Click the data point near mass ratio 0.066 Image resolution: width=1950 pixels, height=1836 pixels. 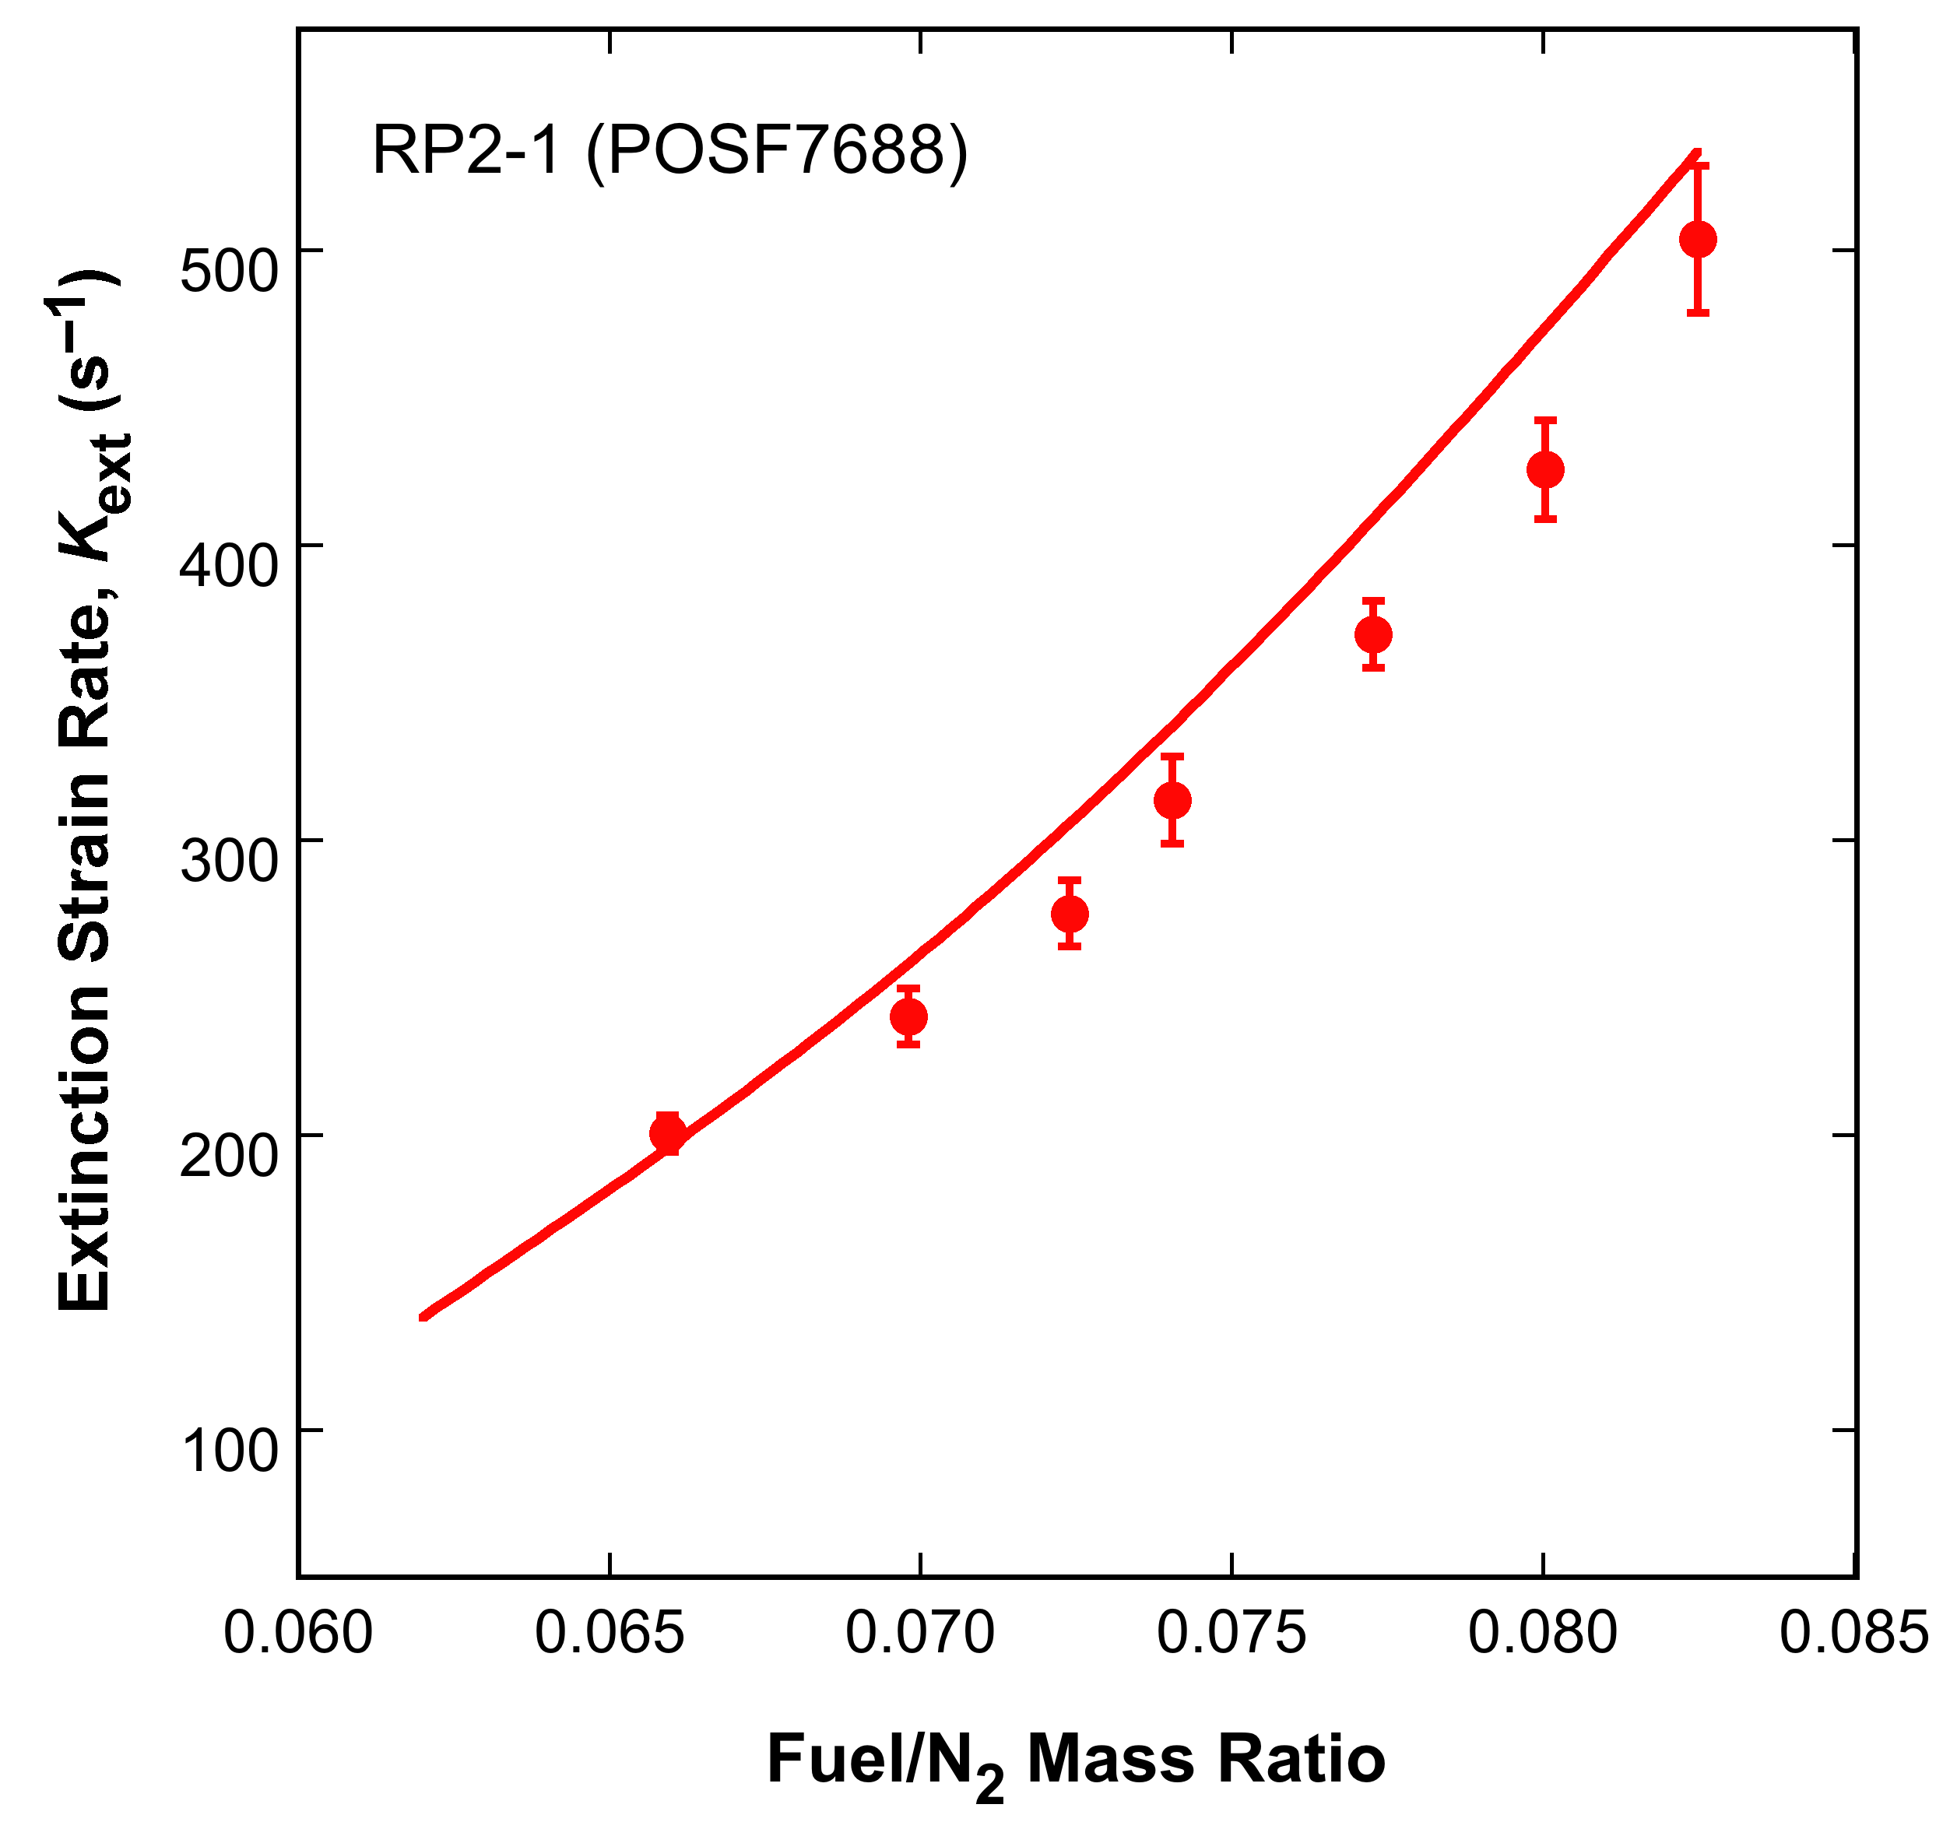coord(668,1134)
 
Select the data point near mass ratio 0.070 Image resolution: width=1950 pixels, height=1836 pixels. coord(908,1017)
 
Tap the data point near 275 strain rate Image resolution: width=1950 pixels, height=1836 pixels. coord(1069,914)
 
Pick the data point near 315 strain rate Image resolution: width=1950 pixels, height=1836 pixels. coord(1172,800)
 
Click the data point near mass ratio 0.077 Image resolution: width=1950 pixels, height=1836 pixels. coord(1373,634)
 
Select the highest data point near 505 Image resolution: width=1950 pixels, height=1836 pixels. coord(1698,239)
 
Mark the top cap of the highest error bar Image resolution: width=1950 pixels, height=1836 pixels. coord(1698,165)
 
